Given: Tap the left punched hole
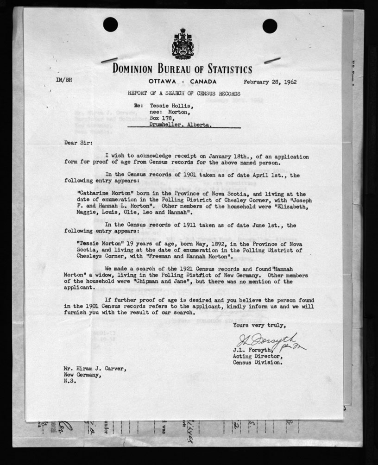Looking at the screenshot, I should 110,24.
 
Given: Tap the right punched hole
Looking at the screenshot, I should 270,26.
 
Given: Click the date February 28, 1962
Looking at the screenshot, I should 271,82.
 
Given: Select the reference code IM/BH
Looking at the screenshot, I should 63,80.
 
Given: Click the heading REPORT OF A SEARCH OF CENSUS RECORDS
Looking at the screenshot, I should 184,93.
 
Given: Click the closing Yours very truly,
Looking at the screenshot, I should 259,325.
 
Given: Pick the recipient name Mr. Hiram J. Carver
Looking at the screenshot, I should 94,369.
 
